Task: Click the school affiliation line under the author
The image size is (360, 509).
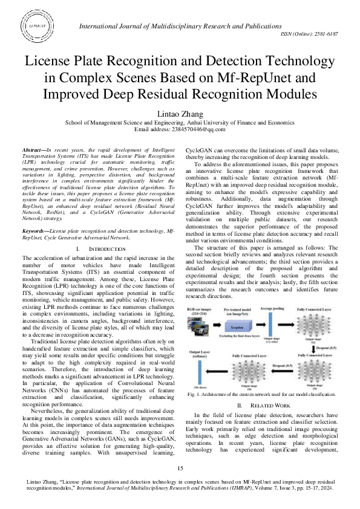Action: click(180, 121)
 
